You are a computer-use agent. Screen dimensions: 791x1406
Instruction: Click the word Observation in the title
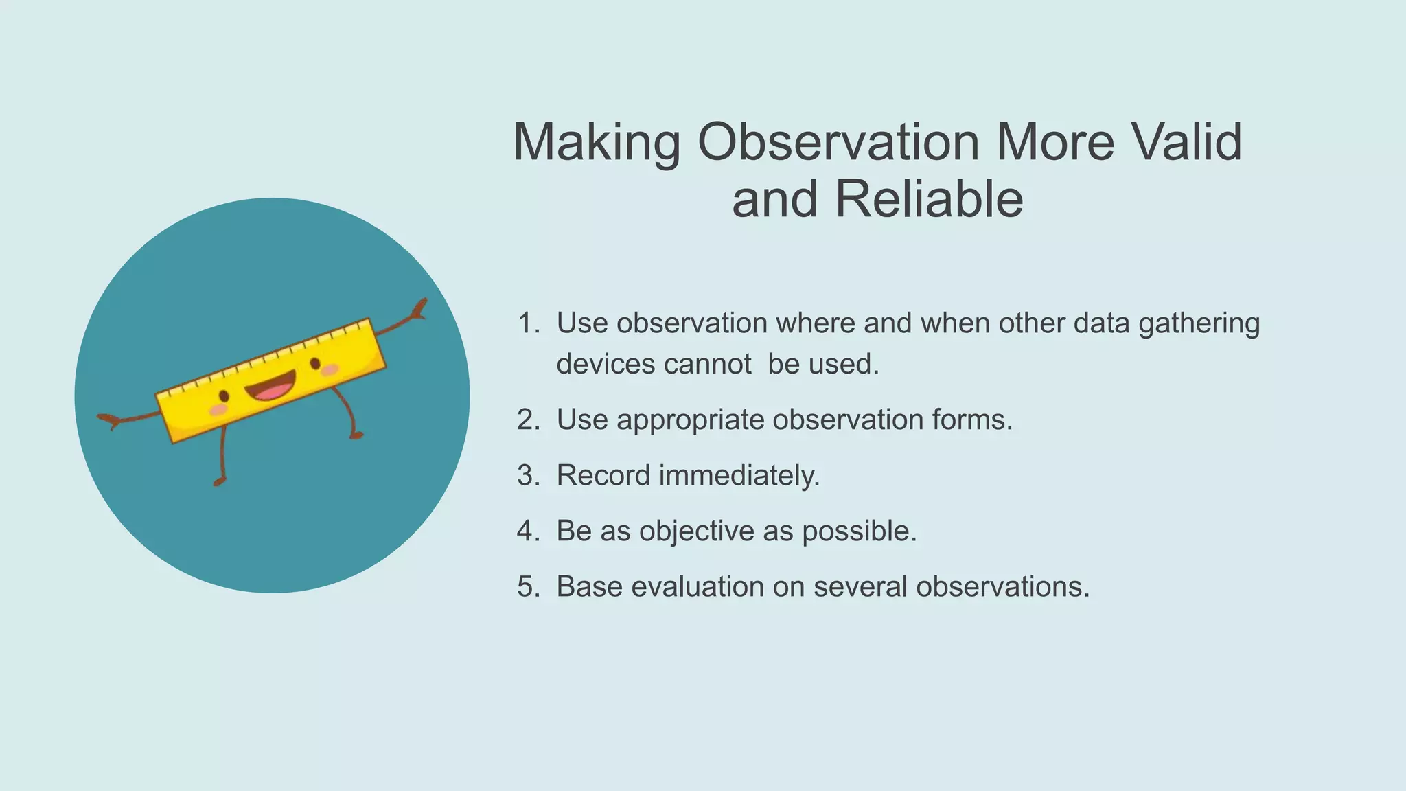(838, 142)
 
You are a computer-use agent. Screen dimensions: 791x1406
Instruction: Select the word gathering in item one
(1199, 323)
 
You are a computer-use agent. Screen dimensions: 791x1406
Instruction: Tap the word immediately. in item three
(739, 476)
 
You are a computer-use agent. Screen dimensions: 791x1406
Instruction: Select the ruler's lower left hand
(108, 420)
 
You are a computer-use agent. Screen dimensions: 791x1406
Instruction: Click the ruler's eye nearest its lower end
(224, 396)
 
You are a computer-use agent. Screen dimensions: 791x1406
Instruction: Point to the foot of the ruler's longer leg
(219, 481)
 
